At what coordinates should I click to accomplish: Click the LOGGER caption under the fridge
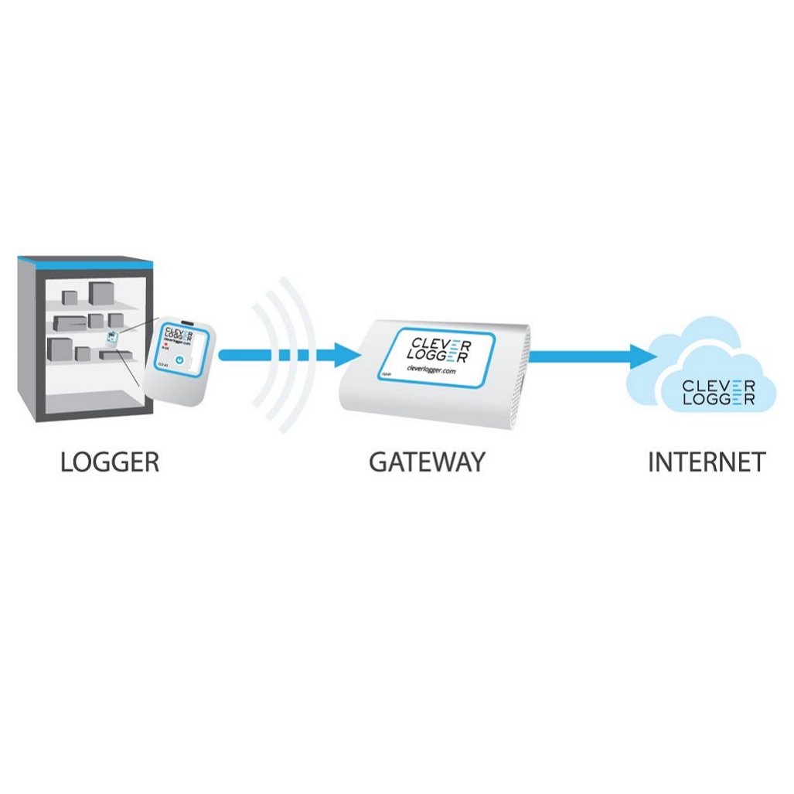[110, 462]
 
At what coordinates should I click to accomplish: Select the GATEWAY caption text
[427, 462]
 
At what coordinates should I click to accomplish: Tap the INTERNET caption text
[706, 462]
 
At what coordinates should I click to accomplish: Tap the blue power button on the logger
[179, 360]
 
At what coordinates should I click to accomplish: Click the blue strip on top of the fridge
[85, 263]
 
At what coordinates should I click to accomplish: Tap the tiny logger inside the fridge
[113, 337]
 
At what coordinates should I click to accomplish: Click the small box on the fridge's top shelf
[70, 297]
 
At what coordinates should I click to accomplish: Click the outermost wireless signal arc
[299, 356]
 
